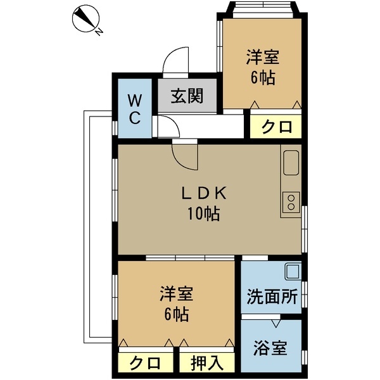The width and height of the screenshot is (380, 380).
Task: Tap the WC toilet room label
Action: pos(135,108)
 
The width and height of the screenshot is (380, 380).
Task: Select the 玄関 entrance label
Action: pos(186,96)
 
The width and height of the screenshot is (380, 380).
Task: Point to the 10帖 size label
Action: pos(203,214)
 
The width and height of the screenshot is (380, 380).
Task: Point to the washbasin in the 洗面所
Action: pos(293,272)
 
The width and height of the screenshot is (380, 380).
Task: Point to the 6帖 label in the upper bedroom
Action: pos(263,79)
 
